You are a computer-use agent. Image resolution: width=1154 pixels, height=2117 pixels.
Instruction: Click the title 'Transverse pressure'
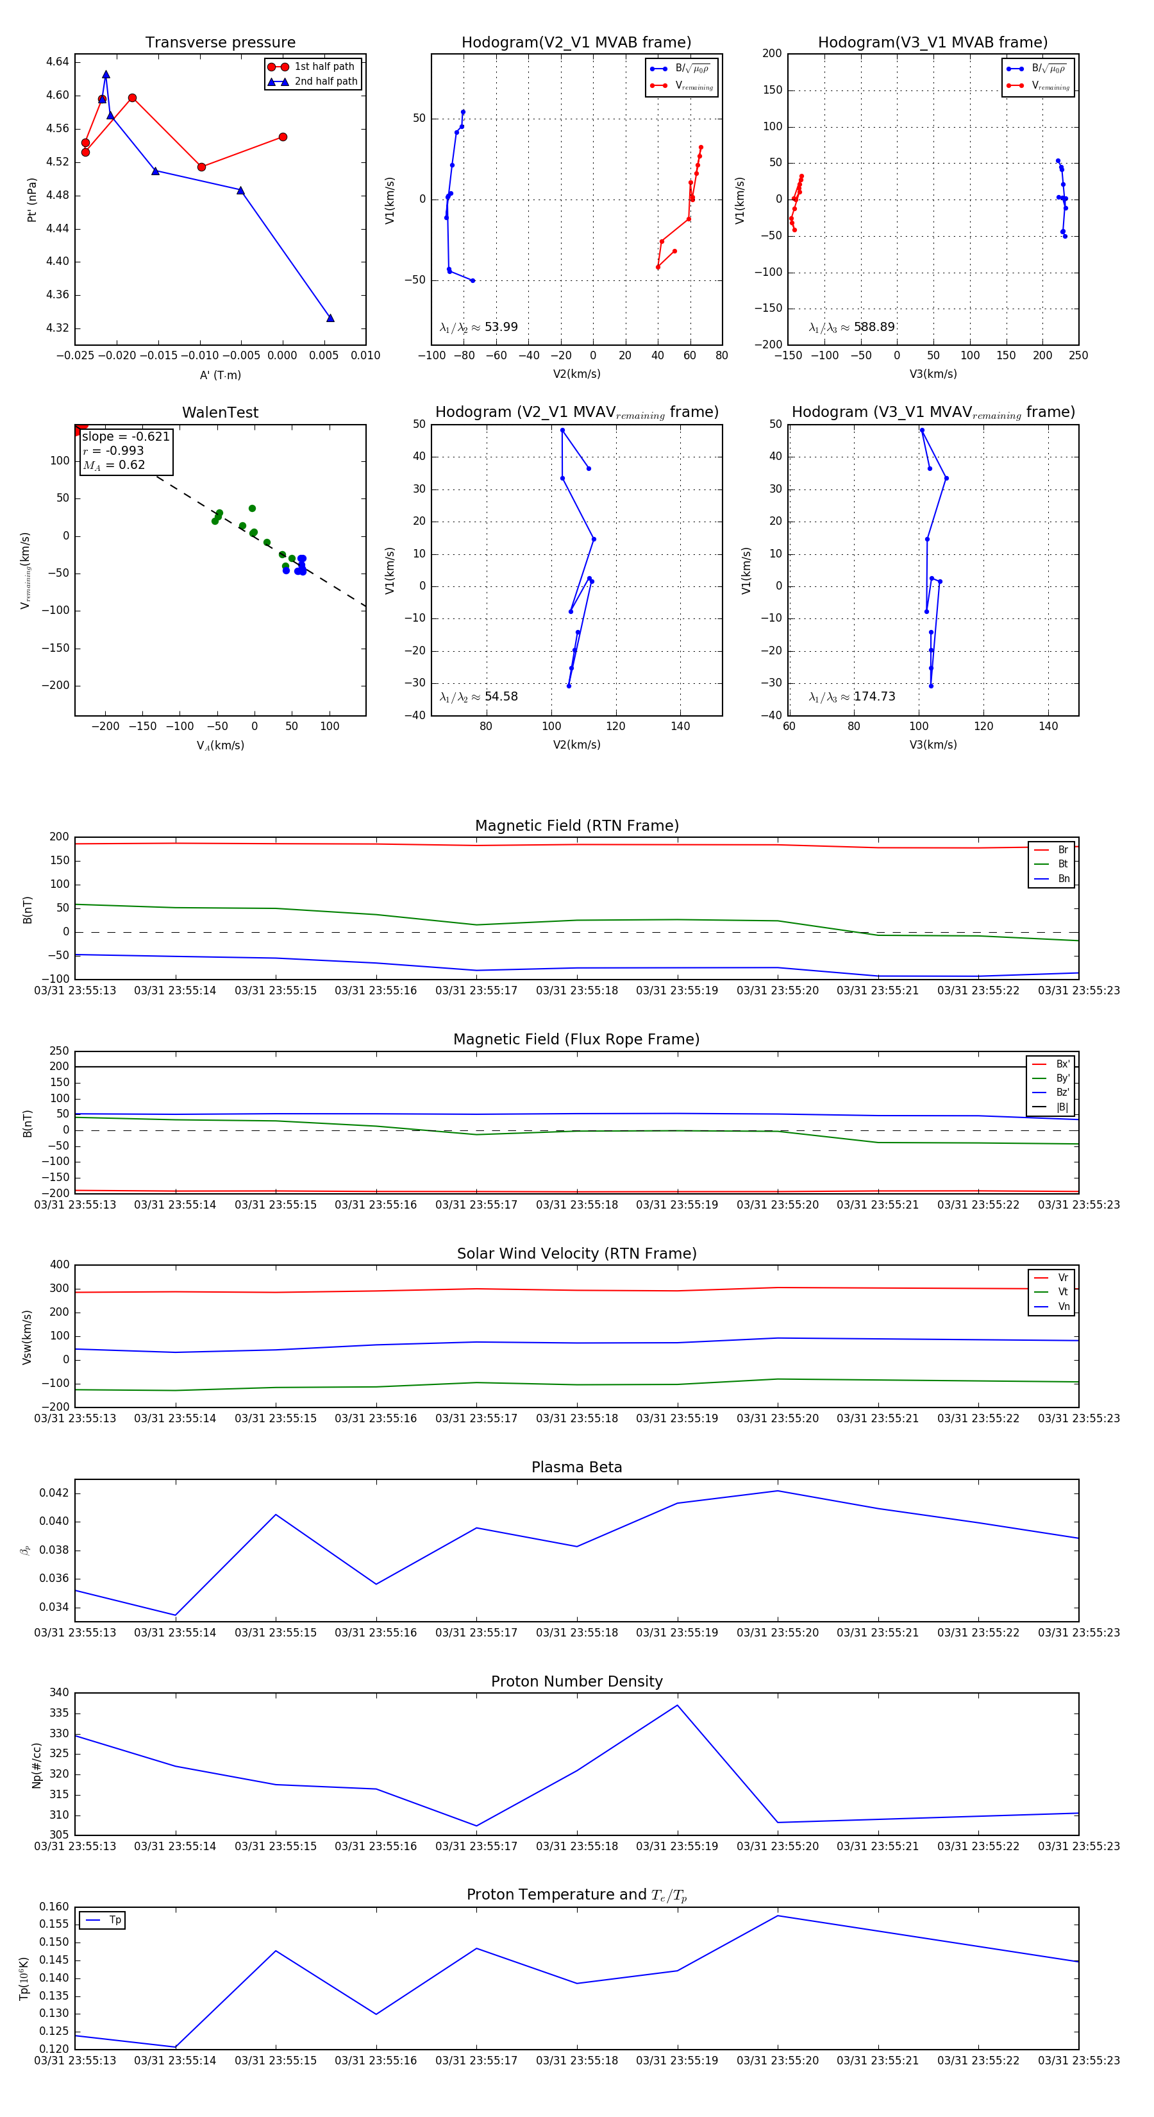tap(220, 43)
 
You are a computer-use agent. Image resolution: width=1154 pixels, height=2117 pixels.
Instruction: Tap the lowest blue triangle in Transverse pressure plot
tap(330, 318)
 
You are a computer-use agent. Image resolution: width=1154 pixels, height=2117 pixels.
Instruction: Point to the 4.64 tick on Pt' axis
tap(58, 62)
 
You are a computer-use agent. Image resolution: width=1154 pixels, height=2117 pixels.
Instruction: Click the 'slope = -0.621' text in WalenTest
tap(126, 436)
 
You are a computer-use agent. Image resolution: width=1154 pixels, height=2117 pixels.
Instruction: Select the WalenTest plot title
tap(220, 412)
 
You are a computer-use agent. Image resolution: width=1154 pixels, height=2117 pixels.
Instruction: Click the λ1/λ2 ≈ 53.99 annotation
tap(479, 327)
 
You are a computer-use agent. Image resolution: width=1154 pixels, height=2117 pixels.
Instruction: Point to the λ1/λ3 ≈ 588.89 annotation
tap(852, 327)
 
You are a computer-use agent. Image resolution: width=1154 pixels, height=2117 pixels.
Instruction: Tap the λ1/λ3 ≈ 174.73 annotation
tap(852, 697)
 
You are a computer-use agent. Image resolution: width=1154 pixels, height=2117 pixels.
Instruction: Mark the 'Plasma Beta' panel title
tap(576, 1468)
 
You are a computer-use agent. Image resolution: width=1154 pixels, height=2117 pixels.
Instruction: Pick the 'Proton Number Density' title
tap(576, 1681)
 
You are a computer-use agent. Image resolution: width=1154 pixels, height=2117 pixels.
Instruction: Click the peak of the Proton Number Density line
tap(678, 1705)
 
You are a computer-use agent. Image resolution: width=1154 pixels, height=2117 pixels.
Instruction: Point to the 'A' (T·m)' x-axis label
tap(220, 375)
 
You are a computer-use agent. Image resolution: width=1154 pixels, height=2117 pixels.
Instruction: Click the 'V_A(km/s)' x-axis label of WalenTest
tap(220, 745)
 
